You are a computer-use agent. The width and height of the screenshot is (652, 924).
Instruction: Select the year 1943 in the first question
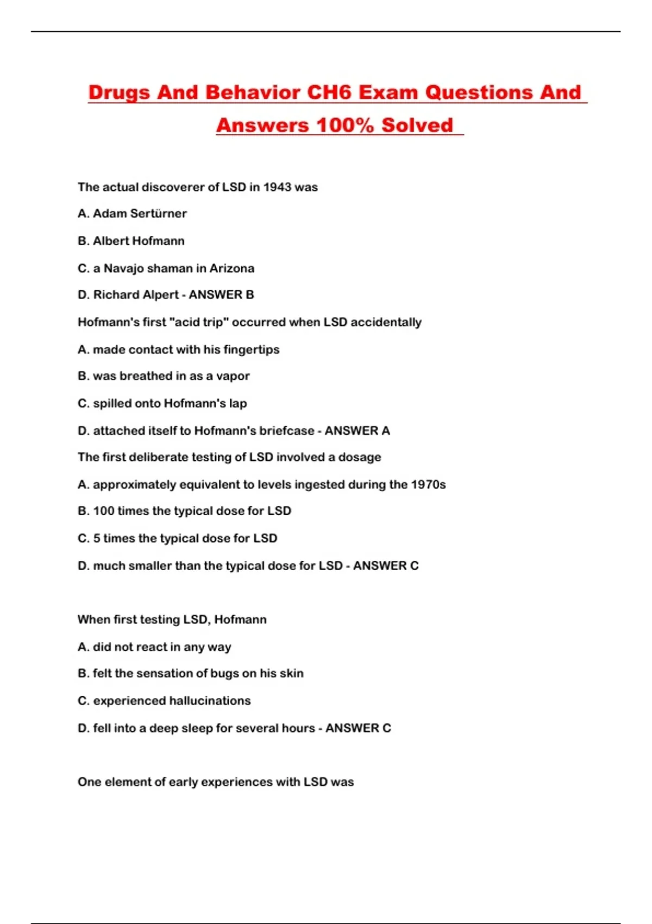coord(277,187)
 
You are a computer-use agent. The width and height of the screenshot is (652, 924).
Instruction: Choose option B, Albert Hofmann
coord(131,241)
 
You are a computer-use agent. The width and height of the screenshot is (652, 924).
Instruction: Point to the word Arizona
coord(232,268)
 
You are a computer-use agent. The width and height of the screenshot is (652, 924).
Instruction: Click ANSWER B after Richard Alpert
coord(221,295)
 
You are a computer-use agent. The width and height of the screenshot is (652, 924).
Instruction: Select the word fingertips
coord(252,349)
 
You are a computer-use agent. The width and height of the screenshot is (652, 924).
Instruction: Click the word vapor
coord(233,376)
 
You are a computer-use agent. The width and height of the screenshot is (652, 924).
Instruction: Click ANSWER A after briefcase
coord(357,430)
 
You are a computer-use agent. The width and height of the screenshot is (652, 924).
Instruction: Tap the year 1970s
coord(428,484)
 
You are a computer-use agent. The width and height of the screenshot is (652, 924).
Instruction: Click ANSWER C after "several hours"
coord(358,728)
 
